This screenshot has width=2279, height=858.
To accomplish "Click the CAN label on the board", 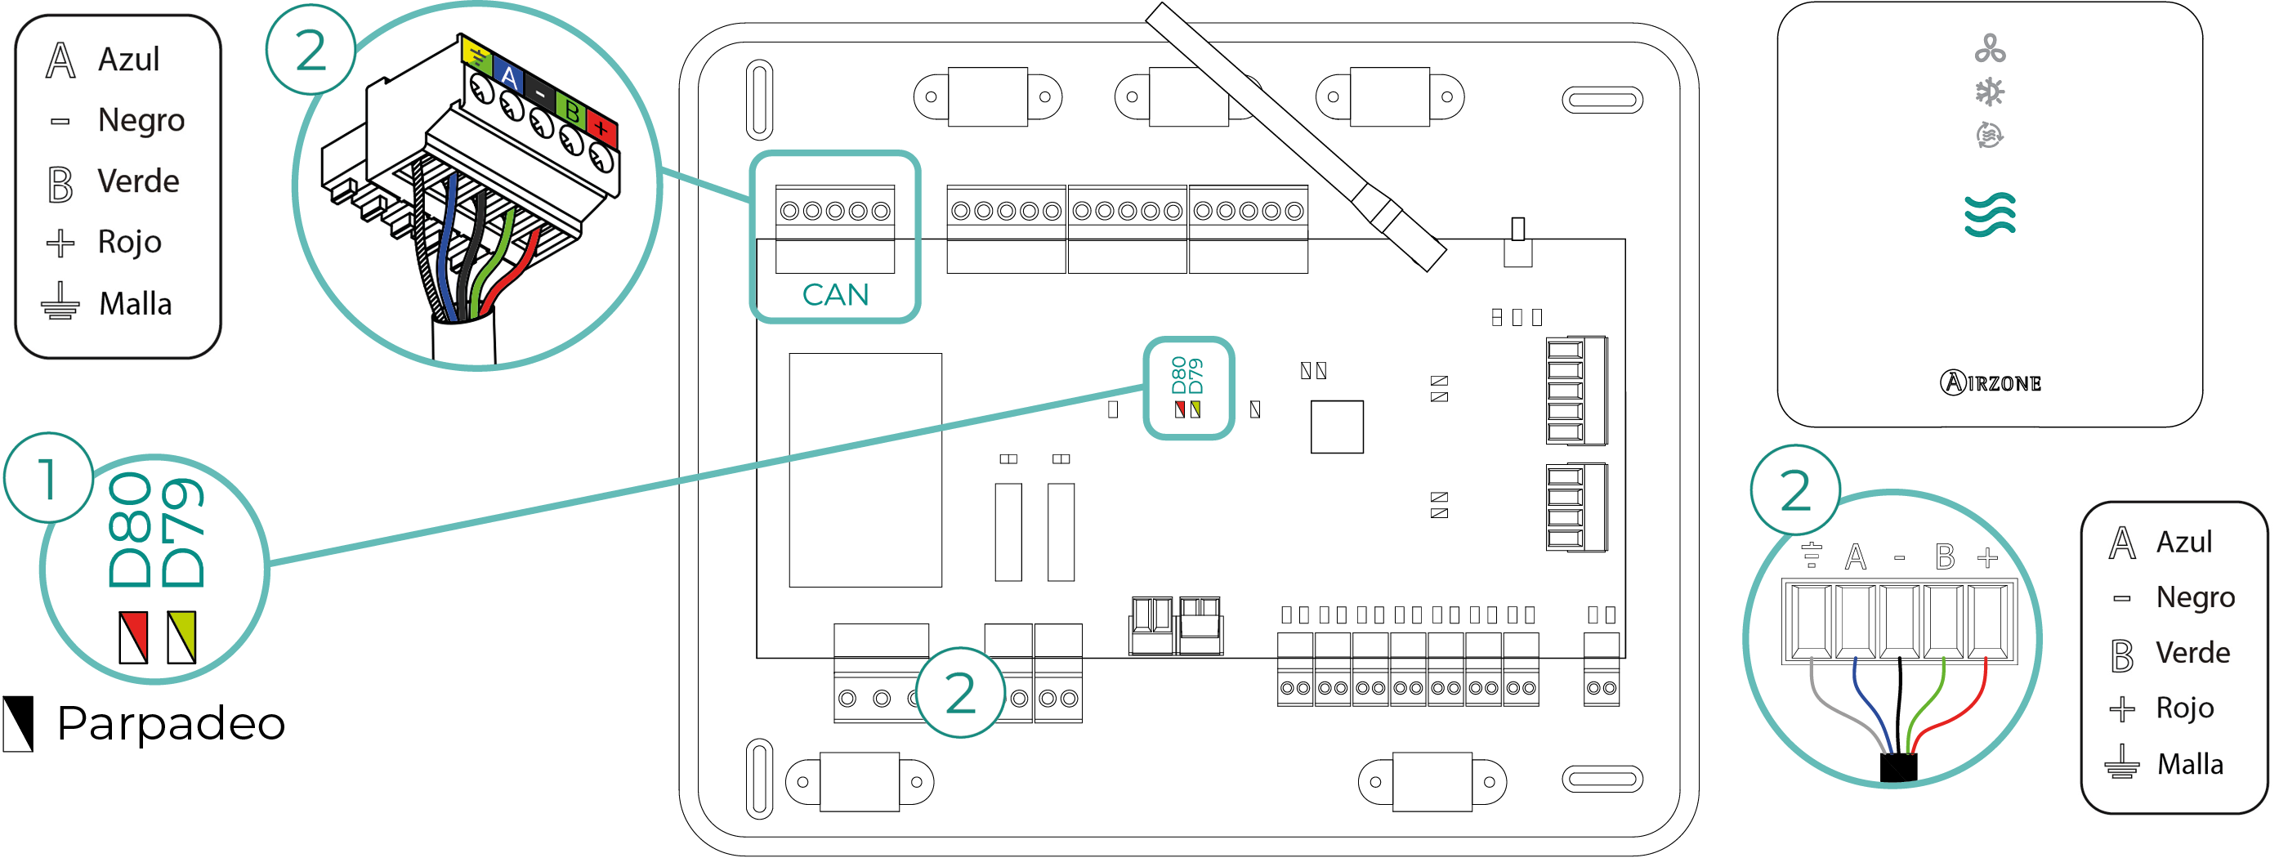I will point(834,294).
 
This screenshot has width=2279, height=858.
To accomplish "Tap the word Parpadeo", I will point(171,723).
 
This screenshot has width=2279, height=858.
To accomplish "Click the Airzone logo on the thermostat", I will point(1990,383).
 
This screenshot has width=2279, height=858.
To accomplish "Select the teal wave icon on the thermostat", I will point(1990,215).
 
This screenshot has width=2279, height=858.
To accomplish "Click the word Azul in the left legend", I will point(128,60).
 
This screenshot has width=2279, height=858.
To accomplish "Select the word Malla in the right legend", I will point(2190,764).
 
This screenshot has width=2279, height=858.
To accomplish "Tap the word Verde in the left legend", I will point(138,181).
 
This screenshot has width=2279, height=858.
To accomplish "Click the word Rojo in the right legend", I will point(2184,708).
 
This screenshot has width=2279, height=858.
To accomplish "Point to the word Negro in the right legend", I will point(2195,598).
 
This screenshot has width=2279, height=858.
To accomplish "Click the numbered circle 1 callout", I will point(49,479).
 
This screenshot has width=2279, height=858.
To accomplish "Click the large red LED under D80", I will point(133,637).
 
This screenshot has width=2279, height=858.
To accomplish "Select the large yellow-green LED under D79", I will point(181,637).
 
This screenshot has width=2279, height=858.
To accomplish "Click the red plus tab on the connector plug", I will point(601,129).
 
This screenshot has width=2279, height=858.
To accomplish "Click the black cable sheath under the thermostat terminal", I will point(1898,767).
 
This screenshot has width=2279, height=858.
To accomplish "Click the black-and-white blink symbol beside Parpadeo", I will point(19,723).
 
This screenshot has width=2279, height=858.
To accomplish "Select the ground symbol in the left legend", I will point(60,302).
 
